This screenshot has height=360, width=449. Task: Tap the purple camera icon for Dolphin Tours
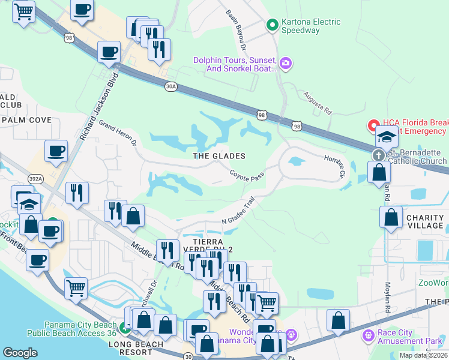point(286,62)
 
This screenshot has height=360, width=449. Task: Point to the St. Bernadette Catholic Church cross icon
point(379,155)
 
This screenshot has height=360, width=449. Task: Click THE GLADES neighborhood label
point(219,156)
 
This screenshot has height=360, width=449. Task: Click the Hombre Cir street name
point(334,166)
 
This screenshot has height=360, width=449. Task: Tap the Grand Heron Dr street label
point(118,134)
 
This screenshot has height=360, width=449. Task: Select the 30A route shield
point(171,86)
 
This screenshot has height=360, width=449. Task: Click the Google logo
point(20,353)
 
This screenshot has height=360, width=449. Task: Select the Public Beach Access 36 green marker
point(125,328)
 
